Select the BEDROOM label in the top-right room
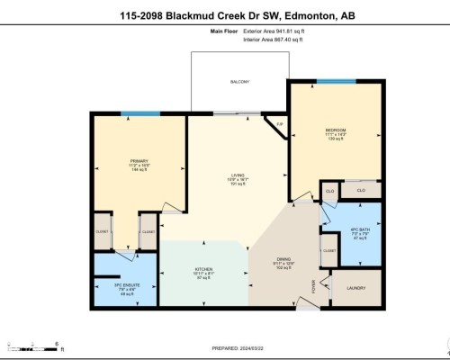coord(336,130)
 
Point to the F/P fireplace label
coord(280,123)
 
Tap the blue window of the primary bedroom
coord(135,112)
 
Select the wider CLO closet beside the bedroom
coord(361,191)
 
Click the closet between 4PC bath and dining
coord(329,251)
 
